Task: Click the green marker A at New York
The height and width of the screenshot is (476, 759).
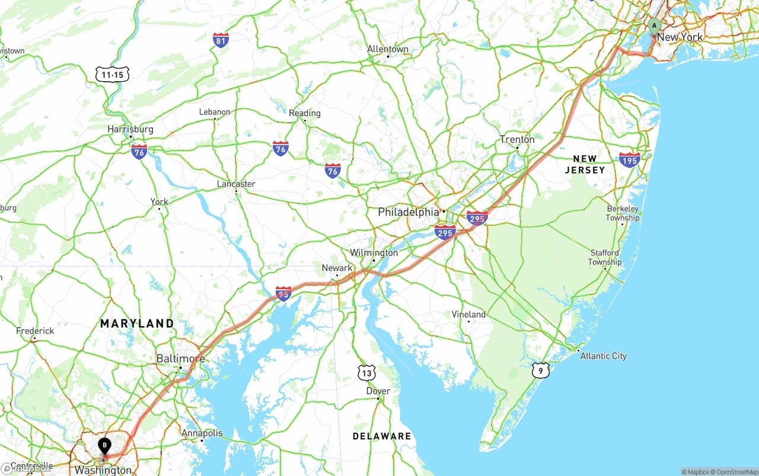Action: click(653, 26)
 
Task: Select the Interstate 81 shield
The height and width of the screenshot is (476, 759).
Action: click(221, 40)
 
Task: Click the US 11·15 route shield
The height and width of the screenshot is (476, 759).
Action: click(112, 74)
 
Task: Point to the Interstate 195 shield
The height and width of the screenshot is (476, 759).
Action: click(629, 159)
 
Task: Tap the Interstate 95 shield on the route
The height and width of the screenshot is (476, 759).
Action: click(283, 293)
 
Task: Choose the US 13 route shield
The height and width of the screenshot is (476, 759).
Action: click(367, 373)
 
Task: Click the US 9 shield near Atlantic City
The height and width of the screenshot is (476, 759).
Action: click(540, 371)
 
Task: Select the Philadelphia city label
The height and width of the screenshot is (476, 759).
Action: click(409, 212)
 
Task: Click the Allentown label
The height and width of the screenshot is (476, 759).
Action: click(388, 49)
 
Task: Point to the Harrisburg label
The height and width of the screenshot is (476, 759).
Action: click(130, 129)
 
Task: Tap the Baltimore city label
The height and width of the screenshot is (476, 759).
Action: click(180, 359)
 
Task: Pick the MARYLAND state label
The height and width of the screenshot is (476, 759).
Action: click(137, 324)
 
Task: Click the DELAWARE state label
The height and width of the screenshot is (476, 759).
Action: click(382, 436)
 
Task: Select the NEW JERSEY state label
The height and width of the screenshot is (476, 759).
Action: click(585, 164)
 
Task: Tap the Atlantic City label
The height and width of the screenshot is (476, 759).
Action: click(603, 356)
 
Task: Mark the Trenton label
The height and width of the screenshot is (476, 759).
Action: click(517, 140)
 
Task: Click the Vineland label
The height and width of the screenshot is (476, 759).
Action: click(468, 314)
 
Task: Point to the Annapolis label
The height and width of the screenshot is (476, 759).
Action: click(202, 433)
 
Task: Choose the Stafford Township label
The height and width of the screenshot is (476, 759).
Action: click(604, 257)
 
